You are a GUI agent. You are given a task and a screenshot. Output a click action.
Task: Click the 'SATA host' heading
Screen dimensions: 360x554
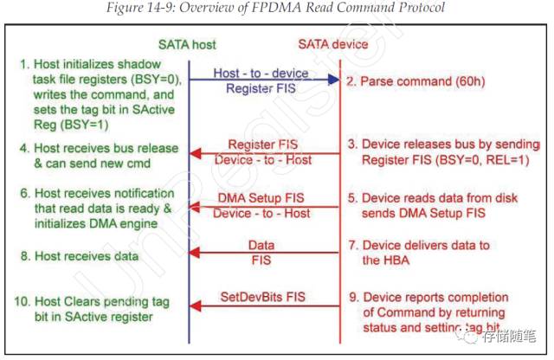tap(187, 44)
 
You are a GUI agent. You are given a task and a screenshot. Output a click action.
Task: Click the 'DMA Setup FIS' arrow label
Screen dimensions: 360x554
tap(262, 198)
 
